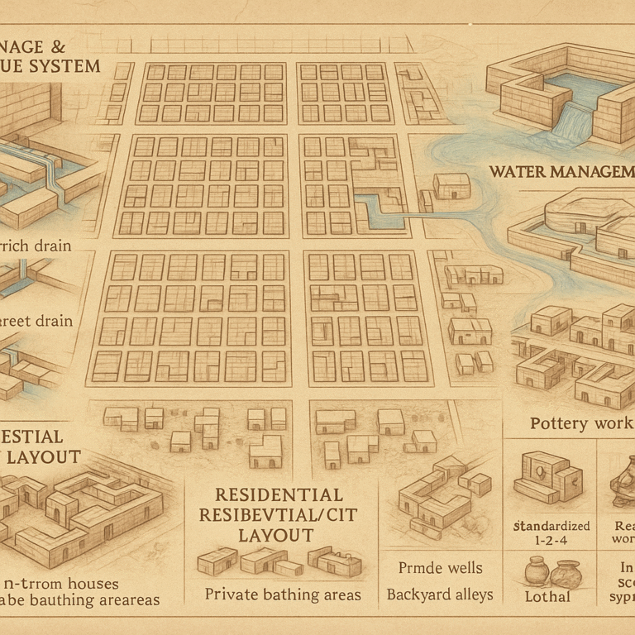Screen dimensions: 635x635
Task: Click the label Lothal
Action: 548,596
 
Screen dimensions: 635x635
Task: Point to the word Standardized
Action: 551,525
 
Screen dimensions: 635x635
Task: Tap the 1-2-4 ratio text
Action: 551,542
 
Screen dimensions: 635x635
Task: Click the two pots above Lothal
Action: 551,571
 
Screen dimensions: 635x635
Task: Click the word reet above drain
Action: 21,320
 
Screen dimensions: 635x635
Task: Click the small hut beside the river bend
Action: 451,186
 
